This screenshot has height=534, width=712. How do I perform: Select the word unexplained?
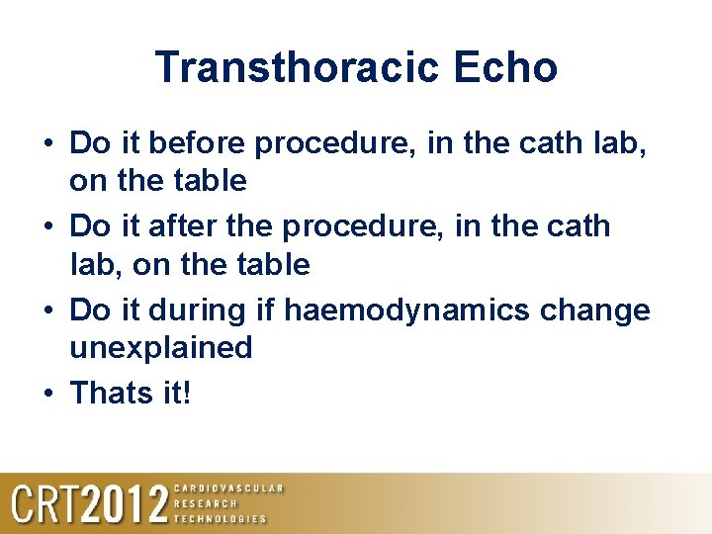[161, 347]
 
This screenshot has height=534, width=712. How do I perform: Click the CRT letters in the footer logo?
[44, 504]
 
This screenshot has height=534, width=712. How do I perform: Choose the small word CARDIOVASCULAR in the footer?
[228, 488]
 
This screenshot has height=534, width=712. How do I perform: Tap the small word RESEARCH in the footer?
[206, 503]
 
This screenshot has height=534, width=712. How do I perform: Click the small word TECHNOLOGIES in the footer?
[221, 518]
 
